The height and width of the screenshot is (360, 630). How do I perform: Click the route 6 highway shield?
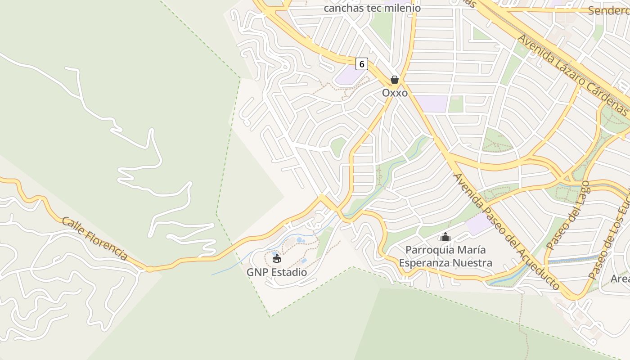point(361,64)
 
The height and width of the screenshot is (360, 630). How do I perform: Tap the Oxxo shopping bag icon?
point(395,80)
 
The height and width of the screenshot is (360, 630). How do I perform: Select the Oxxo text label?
point(395,93)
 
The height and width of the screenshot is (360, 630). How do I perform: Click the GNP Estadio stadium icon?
point(276,259)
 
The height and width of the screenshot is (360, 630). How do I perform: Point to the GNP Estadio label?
point(277,272)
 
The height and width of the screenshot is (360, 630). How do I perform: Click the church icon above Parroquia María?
point(445,236)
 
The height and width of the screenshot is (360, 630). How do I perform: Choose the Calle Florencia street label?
point(94,238)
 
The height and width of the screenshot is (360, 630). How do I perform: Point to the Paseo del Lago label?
point(567,216)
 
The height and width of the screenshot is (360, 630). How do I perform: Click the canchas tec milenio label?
point(372,8)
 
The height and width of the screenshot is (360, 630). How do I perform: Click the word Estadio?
point(289,272)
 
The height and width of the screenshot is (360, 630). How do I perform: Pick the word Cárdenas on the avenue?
point(606,99)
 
